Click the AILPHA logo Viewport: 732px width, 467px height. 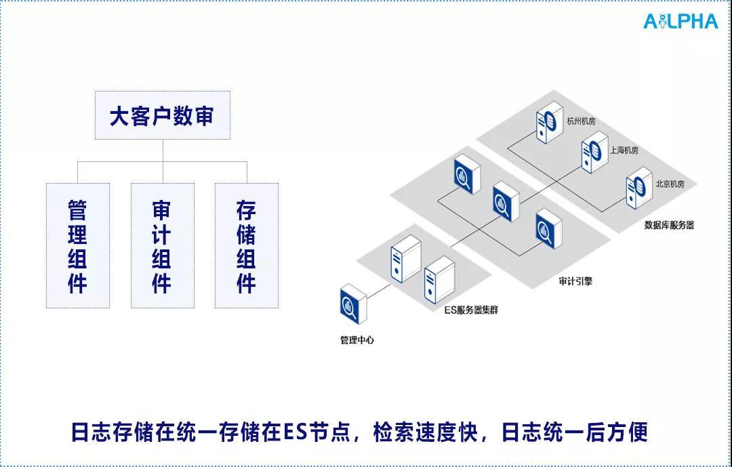pos(680,21)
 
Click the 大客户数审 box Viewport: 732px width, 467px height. pos(163,115)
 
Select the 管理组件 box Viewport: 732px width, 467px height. pos(77,245)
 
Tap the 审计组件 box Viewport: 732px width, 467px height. pos(162,245)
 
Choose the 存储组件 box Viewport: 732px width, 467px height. pos(246,245)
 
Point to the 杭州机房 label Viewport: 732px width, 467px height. pos(580,121)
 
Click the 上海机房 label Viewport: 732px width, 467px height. pos(624,150)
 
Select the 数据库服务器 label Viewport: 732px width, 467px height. pos(669,225)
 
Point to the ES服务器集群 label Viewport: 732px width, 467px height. pos(471,310)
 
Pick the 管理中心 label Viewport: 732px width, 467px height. pos(357,340)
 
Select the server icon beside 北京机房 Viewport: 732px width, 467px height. pos(637,188)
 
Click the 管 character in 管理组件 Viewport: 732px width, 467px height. pos(77,210)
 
